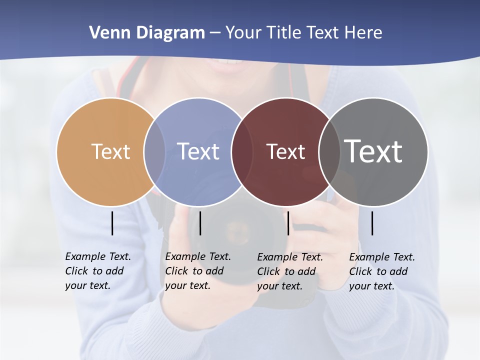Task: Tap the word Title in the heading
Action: [x=283, y=33]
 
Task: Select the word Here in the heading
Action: [x=363, y=33]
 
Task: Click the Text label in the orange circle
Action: [x=110, y=151]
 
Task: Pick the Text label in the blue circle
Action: [x=198, y=151]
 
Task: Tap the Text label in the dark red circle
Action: [x=285, y=151]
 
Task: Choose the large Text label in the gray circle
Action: [x=373, y=151]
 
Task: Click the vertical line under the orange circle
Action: [x=112, y=223]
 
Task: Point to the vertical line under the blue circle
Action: [x=200, y=223]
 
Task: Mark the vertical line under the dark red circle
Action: [x=288, y=223]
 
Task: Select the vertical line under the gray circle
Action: [x=372, y=223]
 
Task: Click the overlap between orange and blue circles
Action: [x=154, y=152]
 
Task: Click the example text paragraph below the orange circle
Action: [x=98, y=271]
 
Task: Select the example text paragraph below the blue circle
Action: [x=198, y=271]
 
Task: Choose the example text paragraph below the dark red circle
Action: [x=290, y=271]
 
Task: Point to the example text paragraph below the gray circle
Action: [x=382, y=271]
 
